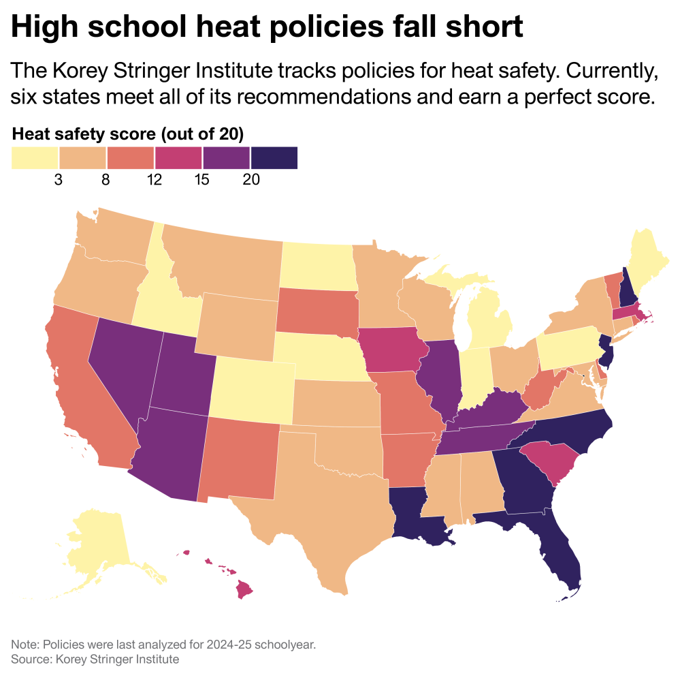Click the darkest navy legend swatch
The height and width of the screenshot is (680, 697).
(274, 157)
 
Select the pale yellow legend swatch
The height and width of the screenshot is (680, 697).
(35, 157)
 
